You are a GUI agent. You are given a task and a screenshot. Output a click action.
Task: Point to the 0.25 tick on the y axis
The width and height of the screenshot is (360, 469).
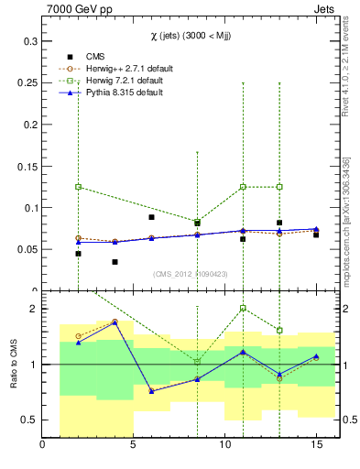[27, 83]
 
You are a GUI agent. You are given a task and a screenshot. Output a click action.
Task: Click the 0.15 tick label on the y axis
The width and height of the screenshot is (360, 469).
[27, 167]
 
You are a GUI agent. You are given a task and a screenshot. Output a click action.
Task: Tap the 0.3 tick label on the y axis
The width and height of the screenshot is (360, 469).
[29, 42]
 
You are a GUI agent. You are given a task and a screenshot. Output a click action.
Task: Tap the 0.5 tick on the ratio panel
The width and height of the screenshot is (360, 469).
[29, 420]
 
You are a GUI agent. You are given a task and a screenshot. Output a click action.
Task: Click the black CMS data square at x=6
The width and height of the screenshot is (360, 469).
[152, 217]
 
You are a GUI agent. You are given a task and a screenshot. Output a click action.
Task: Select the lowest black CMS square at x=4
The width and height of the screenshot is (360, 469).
[115, 262]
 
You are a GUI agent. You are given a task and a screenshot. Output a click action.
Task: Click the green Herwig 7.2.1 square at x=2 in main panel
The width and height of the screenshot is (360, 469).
[79, 187]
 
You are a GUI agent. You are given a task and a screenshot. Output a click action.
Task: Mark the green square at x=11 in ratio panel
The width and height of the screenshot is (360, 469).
[243, 309]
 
